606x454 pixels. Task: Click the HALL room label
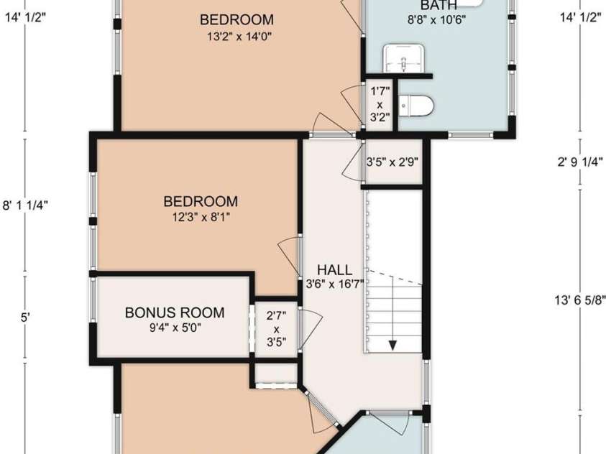tap(335, 270)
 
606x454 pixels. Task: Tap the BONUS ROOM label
tap(175, 313)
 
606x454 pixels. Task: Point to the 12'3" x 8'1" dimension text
tap(200, 216)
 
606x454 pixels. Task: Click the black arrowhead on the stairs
tap(392, 344)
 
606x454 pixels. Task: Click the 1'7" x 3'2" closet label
tap(380, 103)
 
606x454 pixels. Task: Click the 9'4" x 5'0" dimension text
tap(175, 328)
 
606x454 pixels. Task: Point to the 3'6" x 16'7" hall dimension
tap(335, 284)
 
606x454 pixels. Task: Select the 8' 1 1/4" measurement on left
tap(26, 205)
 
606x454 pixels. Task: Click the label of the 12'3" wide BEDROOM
tap(200, 201)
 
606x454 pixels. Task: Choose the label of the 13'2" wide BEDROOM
tap(237, 19)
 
